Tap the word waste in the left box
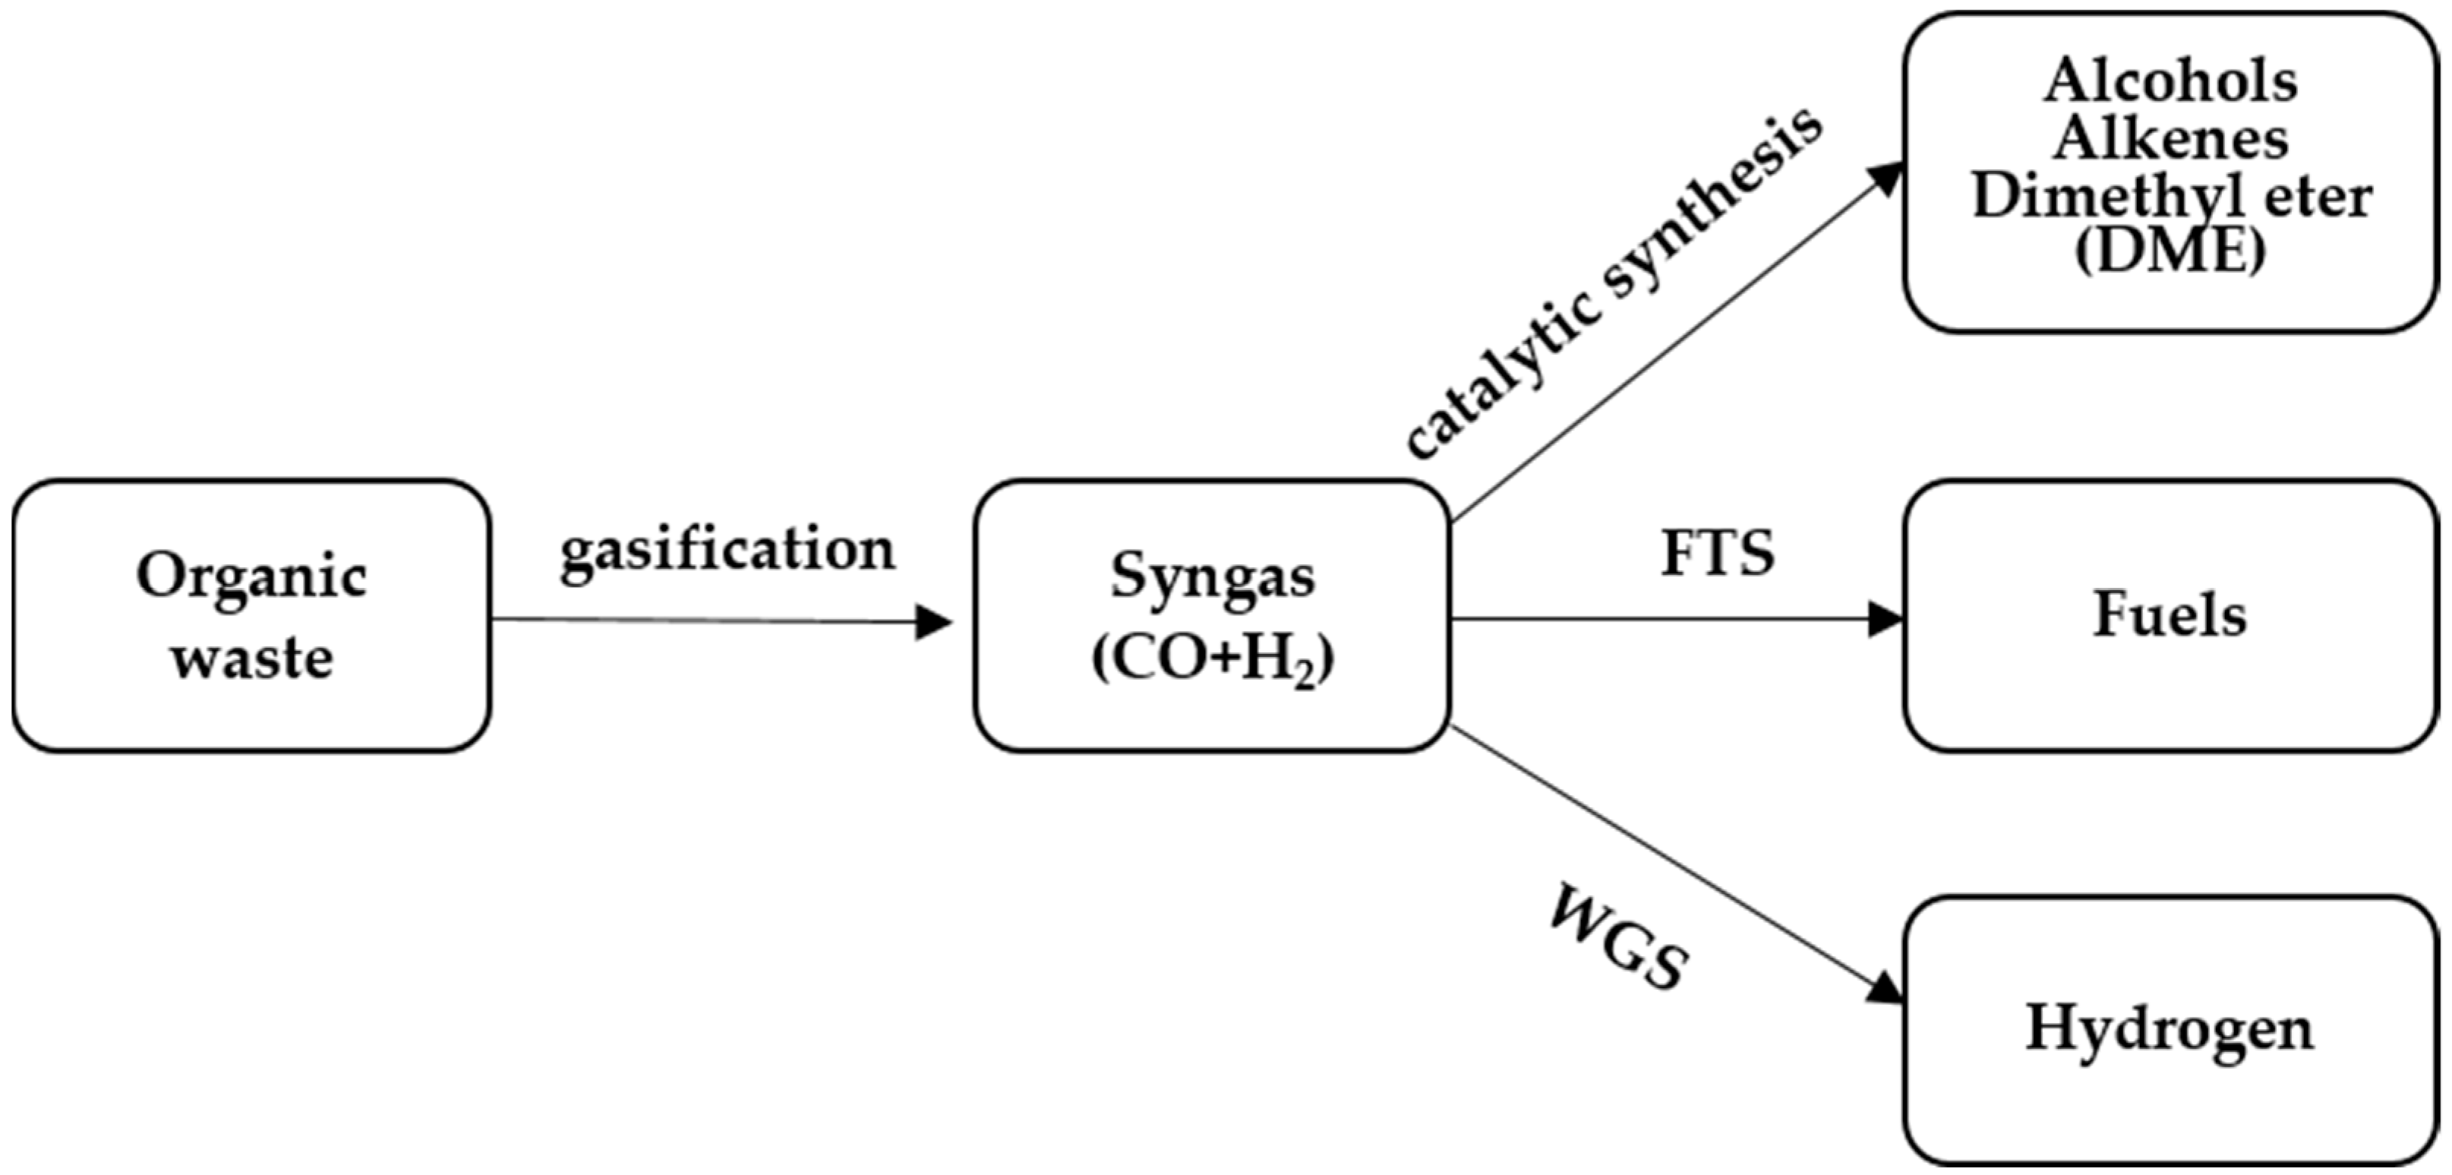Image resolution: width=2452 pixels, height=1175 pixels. (253, 658)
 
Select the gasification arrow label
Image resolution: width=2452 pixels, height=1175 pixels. (727, 551)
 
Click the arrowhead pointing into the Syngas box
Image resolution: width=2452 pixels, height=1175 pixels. (933, 623)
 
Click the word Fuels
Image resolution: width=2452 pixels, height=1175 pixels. (2170, 614)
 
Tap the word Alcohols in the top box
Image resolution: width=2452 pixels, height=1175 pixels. (2171, 81)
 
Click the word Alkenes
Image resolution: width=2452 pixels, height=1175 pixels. (2170, 139)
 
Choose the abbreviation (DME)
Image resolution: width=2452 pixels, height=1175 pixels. (2170, 251)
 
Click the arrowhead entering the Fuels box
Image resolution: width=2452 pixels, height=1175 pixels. (1885, 619)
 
